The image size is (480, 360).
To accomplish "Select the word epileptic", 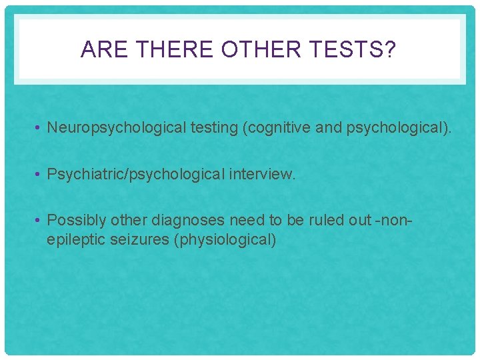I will [73, 240].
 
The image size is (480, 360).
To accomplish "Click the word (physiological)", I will [225, 240].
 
